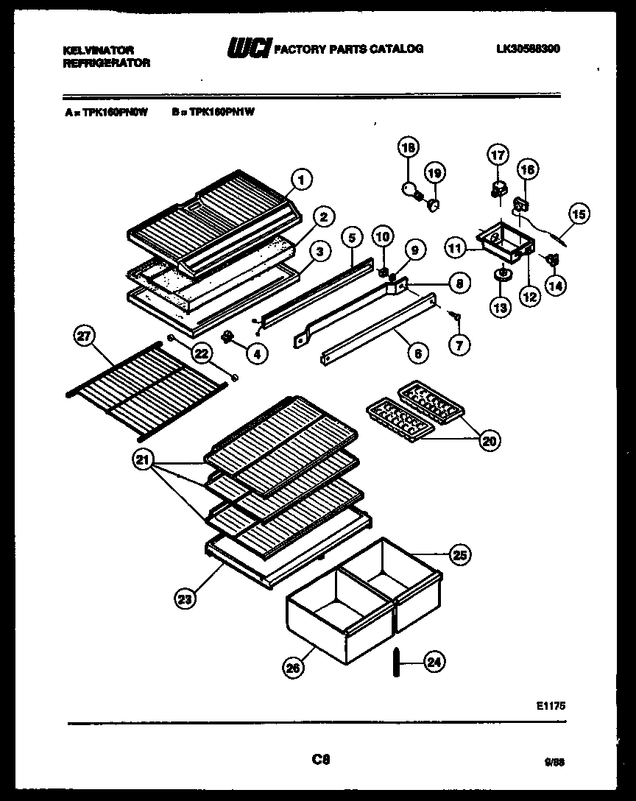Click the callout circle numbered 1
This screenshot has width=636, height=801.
point(300,177)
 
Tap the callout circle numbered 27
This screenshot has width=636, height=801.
point(86,337)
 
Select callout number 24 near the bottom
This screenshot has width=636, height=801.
point(434,662)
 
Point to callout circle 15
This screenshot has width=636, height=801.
point(579,215)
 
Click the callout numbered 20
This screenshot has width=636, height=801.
point(488,440)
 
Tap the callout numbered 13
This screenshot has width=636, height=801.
point(501,307)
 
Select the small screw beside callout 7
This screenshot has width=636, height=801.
point(456,317)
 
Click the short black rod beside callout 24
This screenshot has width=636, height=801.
point(396,662)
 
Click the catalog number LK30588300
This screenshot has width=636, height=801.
point(528,49)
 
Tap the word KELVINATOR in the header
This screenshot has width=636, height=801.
point(99,49)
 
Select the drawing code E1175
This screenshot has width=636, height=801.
point(551,705)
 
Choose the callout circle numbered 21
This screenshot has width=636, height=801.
point(144,461)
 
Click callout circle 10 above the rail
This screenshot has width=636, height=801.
point(381,237)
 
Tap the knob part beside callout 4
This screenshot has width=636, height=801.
point(227,337)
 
